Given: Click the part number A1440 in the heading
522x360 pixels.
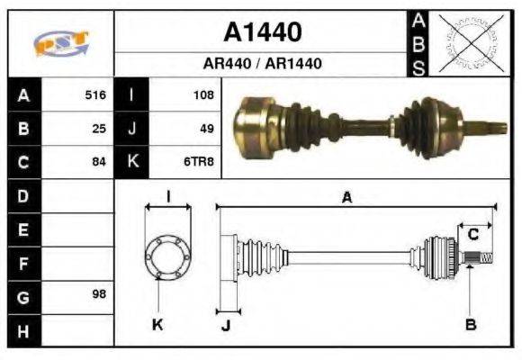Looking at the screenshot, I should tap(262, 33).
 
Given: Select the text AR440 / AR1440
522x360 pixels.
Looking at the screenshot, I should tap(262, 65).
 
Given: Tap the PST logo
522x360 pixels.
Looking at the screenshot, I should tap(61, 43).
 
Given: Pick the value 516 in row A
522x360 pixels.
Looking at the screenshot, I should tap(95, 94).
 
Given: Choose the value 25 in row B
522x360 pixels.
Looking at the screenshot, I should tap(99, 129).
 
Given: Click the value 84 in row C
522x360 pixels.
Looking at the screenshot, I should tap(99, 163).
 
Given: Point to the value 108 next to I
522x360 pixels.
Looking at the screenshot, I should tap(202, 94).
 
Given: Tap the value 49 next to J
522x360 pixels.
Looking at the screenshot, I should tap(206, 129).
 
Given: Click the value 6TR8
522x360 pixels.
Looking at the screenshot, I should tap(199, 163).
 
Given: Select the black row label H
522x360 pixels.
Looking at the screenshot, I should tap(22, 330).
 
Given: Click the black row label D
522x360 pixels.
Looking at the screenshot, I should tap(22, 195).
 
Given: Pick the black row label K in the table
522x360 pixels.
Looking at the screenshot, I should tap(132, 163).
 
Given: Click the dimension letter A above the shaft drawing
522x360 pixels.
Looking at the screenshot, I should tap(346, 197).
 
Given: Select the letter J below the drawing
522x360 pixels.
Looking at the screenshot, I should tap(225, 326).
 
